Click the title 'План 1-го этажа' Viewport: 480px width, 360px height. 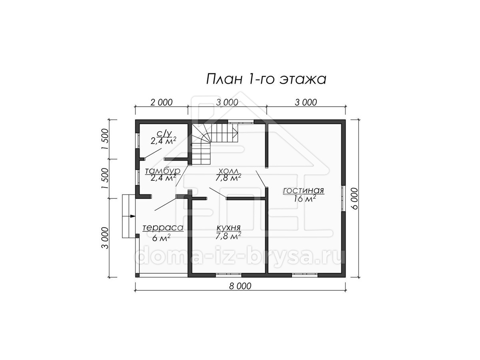pos(266,79)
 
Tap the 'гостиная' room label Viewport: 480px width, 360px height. pos(303,190)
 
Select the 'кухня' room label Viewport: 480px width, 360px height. pos(228,228)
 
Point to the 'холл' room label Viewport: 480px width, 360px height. pos(228,170)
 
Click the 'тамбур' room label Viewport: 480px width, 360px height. pos(163,170)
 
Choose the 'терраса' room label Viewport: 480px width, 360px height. pos(163,228)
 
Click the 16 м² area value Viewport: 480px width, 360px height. pos(305,199)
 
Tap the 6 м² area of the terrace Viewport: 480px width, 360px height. pos(161,238)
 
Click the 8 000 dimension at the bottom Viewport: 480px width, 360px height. pos(240,286)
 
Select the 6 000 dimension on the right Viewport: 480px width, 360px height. pos(355,198)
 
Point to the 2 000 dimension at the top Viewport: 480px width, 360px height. pos(162,102)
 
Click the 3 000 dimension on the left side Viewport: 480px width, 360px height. pos(105,238)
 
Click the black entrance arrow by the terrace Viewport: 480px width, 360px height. pos(133,216)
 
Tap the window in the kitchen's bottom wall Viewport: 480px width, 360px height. pos(229,275)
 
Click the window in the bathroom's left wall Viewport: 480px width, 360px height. pos(137,141)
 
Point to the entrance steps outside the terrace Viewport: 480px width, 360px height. pos(129,216)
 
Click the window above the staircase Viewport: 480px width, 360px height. pos(241,122)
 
